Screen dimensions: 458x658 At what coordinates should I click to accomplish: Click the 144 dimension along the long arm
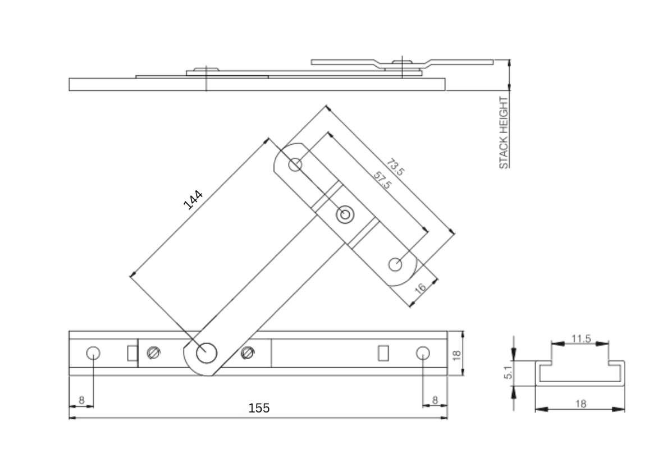coord(193,200)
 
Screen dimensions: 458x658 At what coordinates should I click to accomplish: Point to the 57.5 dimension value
coord(382,180)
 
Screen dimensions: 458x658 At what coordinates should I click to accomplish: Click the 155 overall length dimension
coord(259,408)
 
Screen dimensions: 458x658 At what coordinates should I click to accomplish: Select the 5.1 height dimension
coord(508,372)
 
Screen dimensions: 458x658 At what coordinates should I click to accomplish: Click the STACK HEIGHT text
coord(504,133)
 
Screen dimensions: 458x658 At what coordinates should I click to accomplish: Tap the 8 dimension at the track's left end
coord(81,400)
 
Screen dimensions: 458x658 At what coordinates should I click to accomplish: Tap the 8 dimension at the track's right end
coord(435,400)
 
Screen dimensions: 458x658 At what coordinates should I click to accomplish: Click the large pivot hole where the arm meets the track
coord(206,353)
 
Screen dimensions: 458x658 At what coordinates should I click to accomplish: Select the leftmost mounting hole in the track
coord(93,353)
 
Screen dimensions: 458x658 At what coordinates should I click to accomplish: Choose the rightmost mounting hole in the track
coord(423,352)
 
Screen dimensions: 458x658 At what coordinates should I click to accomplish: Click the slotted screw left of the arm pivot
coord(153,353)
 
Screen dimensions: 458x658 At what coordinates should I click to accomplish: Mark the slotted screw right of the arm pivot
coord(248,353)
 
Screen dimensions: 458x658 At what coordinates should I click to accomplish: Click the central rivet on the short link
coord(345,214)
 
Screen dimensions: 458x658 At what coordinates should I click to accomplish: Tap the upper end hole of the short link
coord(295,164)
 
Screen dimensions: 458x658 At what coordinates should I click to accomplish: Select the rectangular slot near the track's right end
coord(384,352)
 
